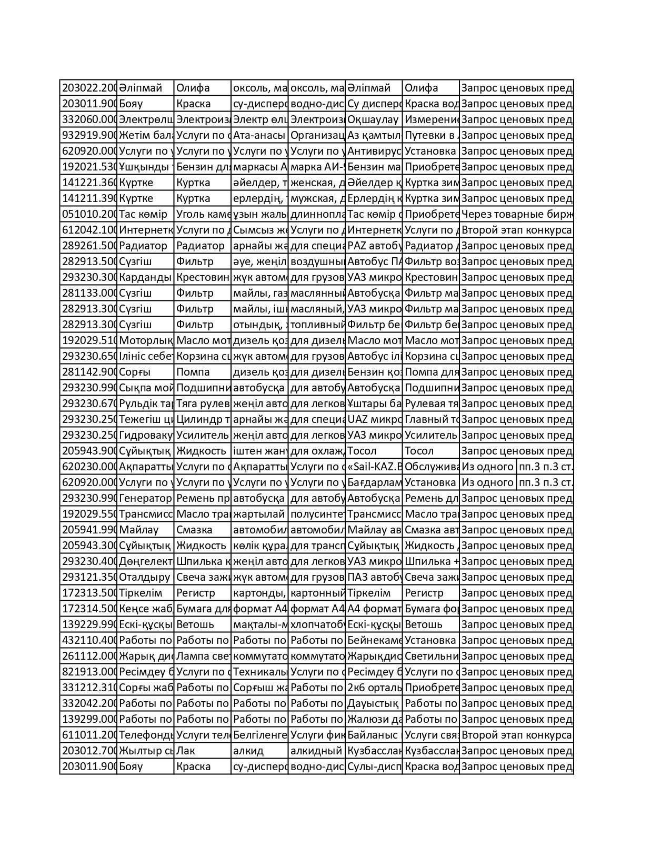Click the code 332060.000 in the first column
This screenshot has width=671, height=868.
pyautogui.click(x=88, y=119)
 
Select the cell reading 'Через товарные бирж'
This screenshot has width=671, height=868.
pyautogui.click(x=516, y=214)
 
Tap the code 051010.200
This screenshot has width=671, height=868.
pyautogui.click(x=88, y=214)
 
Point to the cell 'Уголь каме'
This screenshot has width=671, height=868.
pyautogui.click(x=203, y=214)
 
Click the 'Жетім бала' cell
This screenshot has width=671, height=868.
pyautogui.click(x=146, y=135)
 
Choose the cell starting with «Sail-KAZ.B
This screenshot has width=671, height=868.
pyautogui.click(x=374, y=467)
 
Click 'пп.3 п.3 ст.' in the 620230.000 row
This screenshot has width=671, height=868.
pyautogui.click(x=545, y=467)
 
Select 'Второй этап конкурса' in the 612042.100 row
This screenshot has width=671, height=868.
pyautogui.click(x=516, y=230)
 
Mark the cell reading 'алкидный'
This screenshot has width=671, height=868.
pyautogui.click(x=316, y=751)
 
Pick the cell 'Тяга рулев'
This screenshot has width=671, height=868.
pyautogui.click(x=203, y=403)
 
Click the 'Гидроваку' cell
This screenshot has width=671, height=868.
pyautogui.click(x=146, y=435)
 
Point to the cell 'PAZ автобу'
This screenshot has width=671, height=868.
pyautogui.click(x=374, y=246)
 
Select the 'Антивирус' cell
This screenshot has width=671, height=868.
pyautogui.click(x=374, y=151)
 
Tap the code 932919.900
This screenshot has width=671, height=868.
pyautogui.click(x=88, y=135)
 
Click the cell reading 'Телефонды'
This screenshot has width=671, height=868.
pyautogui.click(x=146, y=735)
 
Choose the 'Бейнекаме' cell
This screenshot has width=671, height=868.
pyautogui.click(x=374, y=640)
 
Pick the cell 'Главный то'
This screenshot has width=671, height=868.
pyautogui.click(x=431, y=419)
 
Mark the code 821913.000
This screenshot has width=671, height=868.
pyautogui.click(x=88, y=672)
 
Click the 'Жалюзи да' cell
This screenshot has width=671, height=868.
pyautogui.click(x=374, y=719)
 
